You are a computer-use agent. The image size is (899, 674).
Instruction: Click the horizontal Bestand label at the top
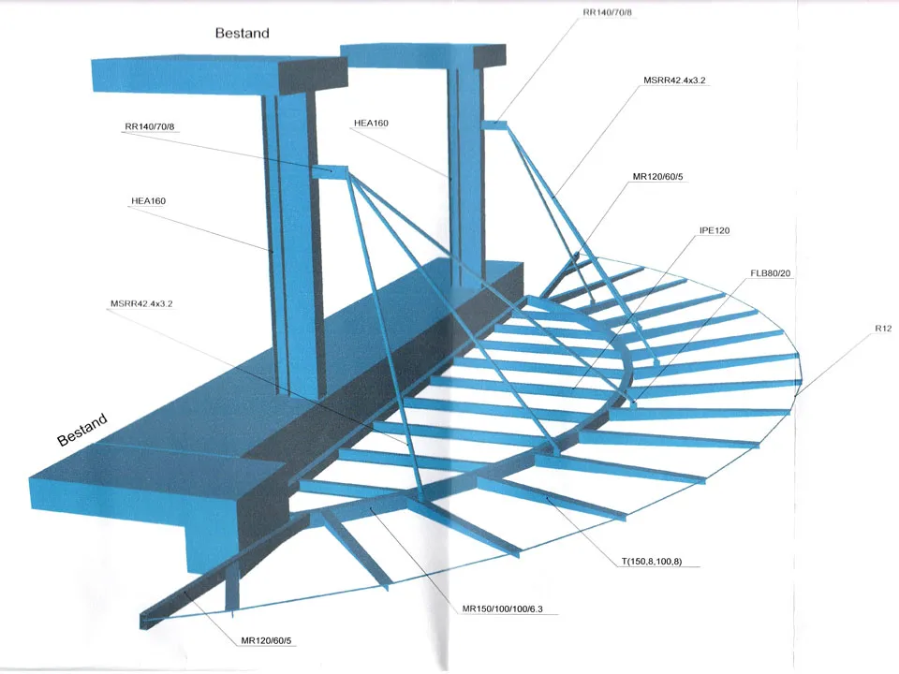coord(242,34)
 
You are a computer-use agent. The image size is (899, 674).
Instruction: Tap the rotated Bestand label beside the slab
coord(82,430)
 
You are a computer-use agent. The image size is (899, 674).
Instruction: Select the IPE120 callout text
coord(715,230)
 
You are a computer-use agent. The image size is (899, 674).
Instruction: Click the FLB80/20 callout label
coord(770,273)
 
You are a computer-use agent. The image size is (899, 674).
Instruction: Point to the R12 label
coord(883,329)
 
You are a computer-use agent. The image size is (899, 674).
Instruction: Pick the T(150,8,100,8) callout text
coord(652,561)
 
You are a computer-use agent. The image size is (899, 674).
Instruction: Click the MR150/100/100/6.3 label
coord(502,608)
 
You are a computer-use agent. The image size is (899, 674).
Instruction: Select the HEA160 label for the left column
coord(149,201)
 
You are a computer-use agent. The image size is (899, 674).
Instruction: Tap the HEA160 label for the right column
coord(371,123)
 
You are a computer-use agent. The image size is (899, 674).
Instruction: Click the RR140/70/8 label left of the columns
coord(150,126)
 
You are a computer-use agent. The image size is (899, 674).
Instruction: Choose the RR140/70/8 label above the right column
coord(607,12)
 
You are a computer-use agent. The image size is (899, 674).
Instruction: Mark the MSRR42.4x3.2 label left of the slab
coord(141,303)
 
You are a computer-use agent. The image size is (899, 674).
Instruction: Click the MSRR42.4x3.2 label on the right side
coord(674,81)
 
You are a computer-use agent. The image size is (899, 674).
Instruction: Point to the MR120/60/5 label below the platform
coord(266,640)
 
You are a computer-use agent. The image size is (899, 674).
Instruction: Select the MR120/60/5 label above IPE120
coord(657,177)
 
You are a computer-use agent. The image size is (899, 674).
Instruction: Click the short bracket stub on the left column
coord(330,171)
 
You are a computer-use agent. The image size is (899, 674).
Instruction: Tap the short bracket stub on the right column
coord(494,124)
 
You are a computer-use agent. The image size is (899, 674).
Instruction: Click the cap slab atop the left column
coord(219,76)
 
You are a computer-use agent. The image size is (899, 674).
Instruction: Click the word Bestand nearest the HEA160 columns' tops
coord(242,34)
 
